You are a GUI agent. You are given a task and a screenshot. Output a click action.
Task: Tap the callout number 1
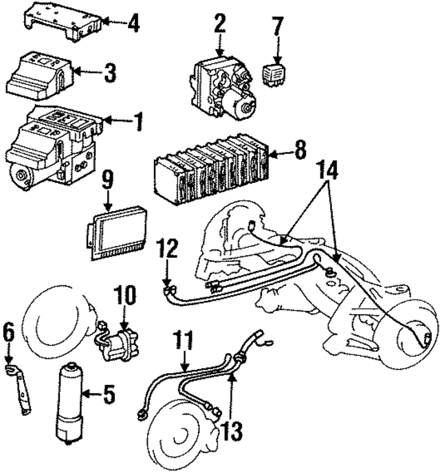137,123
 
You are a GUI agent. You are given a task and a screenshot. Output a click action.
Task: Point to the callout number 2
219,25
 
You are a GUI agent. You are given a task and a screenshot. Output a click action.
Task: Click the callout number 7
277,27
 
